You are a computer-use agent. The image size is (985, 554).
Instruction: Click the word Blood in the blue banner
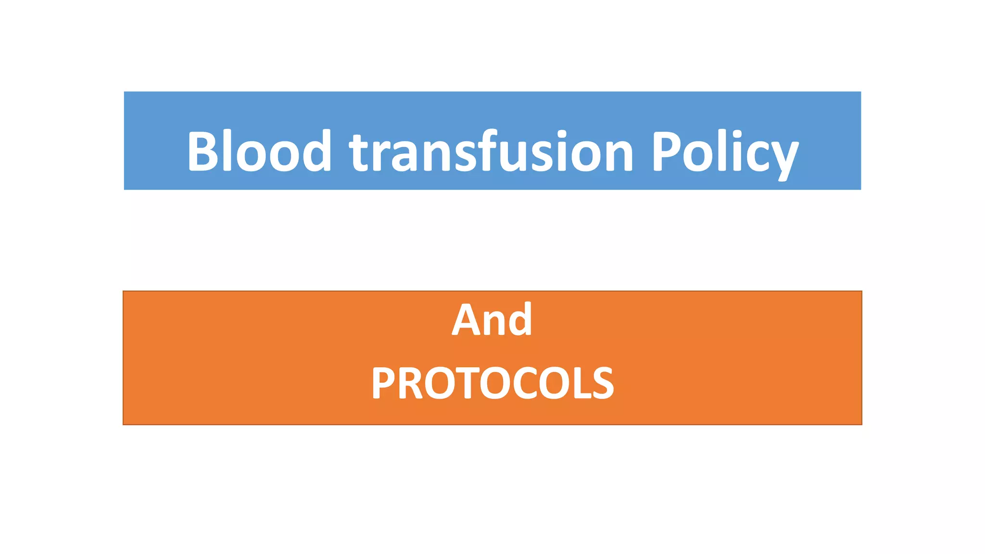click(x=259, y=151)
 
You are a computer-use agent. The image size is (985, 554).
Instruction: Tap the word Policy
click(x=724, y=153)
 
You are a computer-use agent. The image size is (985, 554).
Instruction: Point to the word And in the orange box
click(x=492, y=320)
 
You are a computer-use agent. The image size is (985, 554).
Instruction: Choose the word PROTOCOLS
click(x=492, y=383)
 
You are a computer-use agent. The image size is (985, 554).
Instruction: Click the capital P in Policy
click(x=666, y=151)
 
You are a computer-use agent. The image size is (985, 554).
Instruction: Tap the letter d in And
click(x=520, y=320)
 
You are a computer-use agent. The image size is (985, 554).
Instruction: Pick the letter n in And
click(x=493, y=324)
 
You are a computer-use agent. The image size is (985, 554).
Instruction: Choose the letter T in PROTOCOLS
click(x=464, y=383)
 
